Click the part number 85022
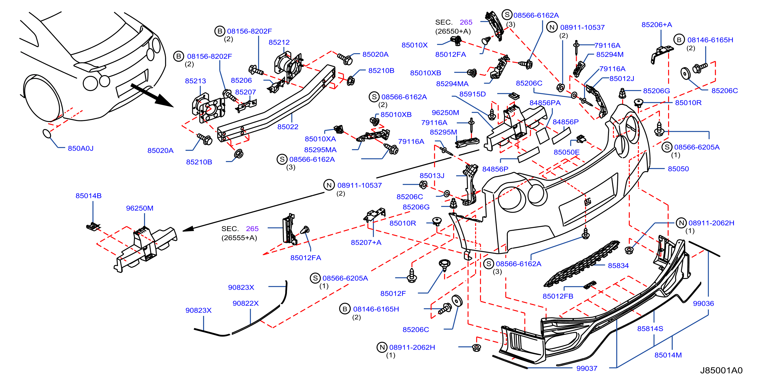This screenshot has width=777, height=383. click(288, 127)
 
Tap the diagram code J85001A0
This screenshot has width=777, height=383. click(721, 370)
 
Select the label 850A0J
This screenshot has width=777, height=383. click(81, 148)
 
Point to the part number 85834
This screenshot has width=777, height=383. click(618, 266)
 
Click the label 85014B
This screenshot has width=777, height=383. click(88, 196)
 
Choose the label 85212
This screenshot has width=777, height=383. click(279, 43)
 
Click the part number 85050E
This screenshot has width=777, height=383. click(566, 152)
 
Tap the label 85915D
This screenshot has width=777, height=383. click(472, 94)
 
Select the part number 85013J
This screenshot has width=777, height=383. click(432, 175)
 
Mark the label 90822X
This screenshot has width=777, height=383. click(245, 304)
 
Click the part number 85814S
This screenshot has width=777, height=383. click(650, 329)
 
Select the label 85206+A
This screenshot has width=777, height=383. click(657, 25)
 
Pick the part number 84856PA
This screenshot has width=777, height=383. click(545, 103)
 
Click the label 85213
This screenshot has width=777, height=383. click(195, 81)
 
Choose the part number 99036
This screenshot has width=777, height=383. click(703, 304)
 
